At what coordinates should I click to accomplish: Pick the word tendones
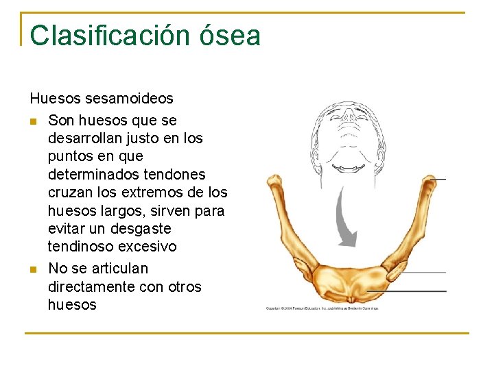coord(174,174)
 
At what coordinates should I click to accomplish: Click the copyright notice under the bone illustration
coord(322,308)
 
